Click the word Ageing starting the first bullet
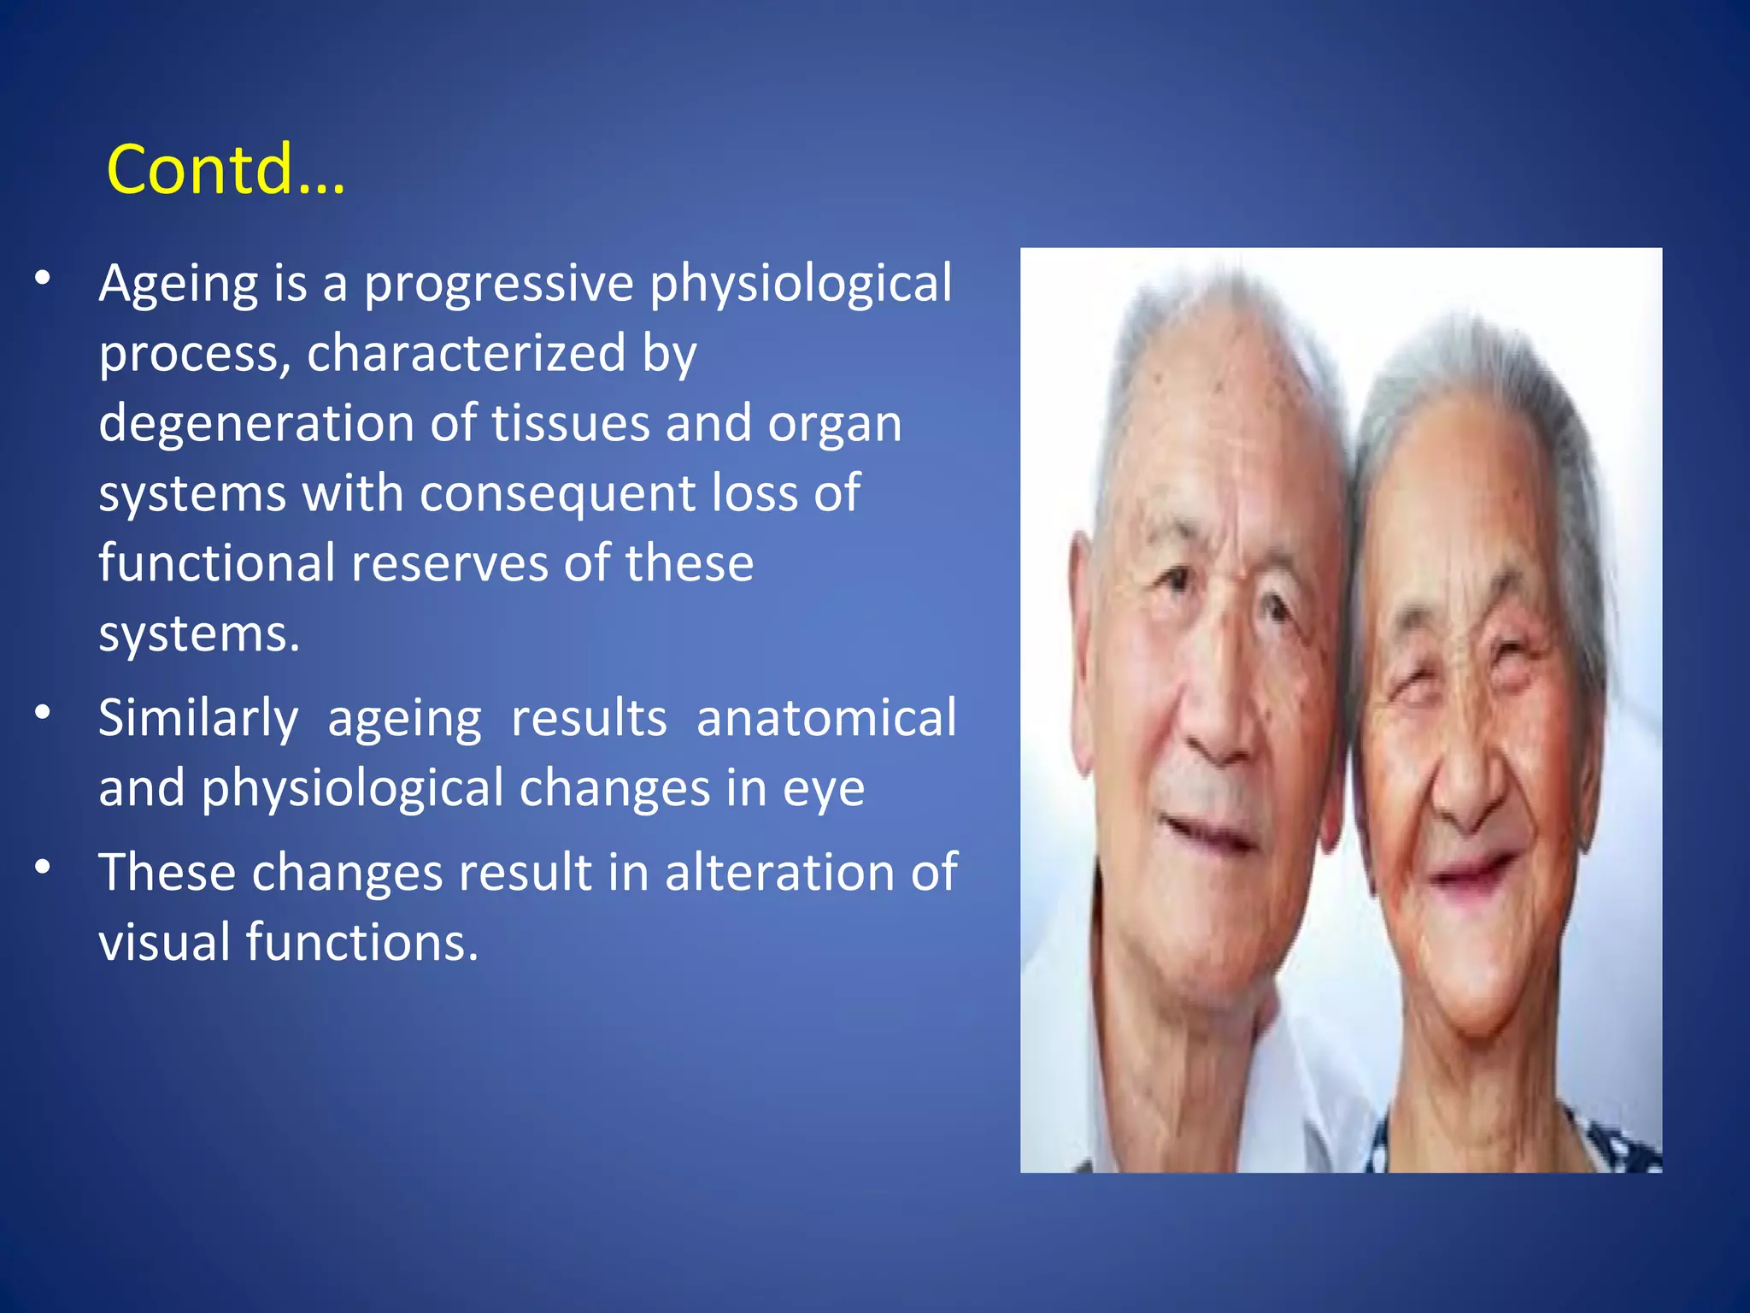click(x=178, y=285)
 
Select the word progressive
click(x=498, y=285)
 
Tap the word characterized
click(x=466, y=354)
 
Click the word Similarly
click(x=198, y=719)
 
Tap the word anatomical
click(x=826, y=718)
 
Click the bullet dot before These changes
click(x=44, y=867)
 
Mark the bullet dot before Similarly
click(x=44, y=711)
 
